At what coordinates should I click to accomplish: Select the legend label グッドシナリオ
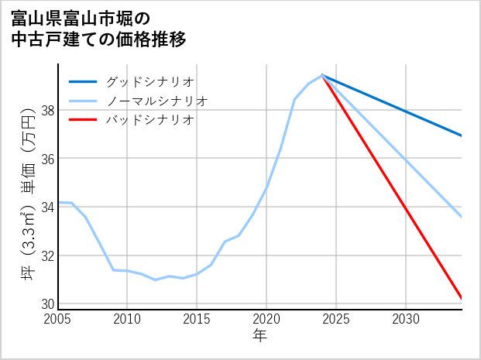(150, 81)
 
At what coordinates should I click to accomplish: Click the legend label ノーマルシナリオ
(157, 101)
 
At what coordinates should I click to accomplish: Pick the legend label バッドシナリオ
(150, 120)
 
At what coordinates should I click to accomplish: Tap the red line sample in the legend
(84, 120)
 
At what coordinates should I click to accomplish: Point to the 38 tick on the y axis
(46, 111)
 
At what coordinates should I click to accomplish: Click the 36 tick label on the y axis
(46, 159)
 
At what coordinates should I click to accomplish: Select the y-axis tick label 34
(46, 207)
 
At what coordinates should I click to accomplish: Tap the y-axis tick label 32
(46, 255)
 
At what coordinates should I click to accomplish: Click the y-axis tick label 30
(46, 303)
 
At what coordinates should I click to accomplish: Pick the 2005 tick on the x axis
(58, 319)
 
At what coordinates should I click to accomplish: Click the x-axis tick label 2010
(127, 319)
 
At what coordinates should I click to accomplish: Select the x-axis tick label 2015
(197, 319)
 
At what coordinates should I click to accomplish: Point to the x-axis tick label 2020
(266, 319)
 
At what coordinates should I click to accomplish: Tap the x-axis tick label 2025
(336, 319)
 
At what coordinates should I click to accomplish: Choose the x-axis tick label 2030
(406, 319)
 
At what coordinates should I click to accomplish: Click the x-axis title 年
(260, 336)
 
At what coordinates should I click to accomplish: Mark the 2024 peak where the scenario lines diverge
(322, 75)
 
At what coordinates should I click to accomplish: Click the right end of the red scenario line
(462, 298)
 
